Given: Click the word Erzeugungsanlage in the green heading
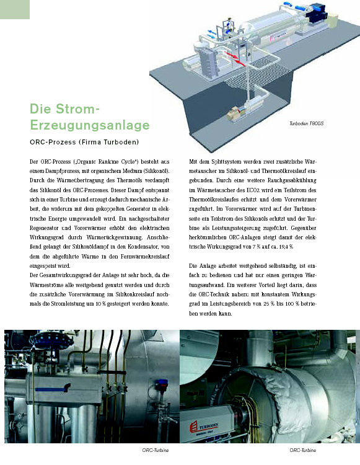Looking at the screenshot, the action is click(90, 125).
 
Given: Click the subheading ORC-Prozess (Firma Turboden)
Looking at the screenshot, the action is click(84, 142).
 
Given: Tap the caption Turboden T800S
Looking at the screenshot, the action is click(306, 123).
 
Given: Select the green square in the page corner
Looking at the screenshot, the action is click(15, 9).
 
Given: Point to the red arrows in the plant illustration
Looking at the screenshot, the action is click(235, 59).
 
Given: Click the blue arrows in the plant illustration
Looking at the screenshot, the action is click(211, 33).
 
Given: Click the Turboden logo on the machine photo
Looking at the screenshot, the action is click(204, 427).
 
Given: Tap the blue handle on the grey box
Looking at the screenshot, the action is click(53, 389).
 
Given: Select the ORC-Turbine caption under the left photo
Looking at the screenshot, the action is click(156, 450).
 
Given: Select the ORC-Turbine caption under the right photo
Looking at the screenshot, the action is click(303, 450).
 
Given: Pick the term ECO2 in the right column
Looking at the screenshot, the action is click(245, 190).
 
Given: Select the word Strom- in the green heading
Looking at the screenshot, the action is click(77, 109).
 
